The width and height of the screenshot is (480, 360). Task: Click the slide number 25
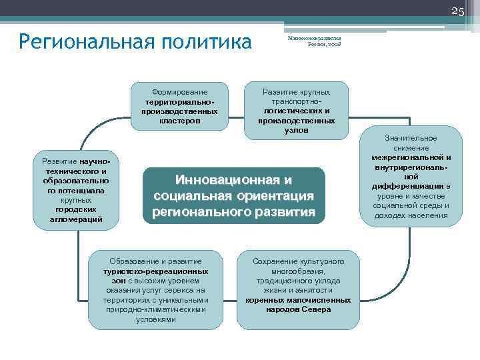coord(457,11)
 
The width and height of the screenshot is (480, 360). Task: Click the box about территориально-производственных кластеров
coord(179,107)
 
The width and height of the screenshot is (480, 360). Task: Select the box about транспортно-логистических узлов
coord(296,111)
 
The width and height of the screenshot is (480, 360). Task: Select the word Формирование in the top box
coord(179,92)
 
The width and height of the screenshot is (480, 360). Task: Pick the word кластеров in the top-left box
coord(179,121)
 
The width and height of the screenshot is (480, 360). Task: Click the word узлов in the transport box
coord(296,131)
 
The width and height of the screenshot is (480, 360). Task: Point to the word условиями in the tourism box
coord(155,319)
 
